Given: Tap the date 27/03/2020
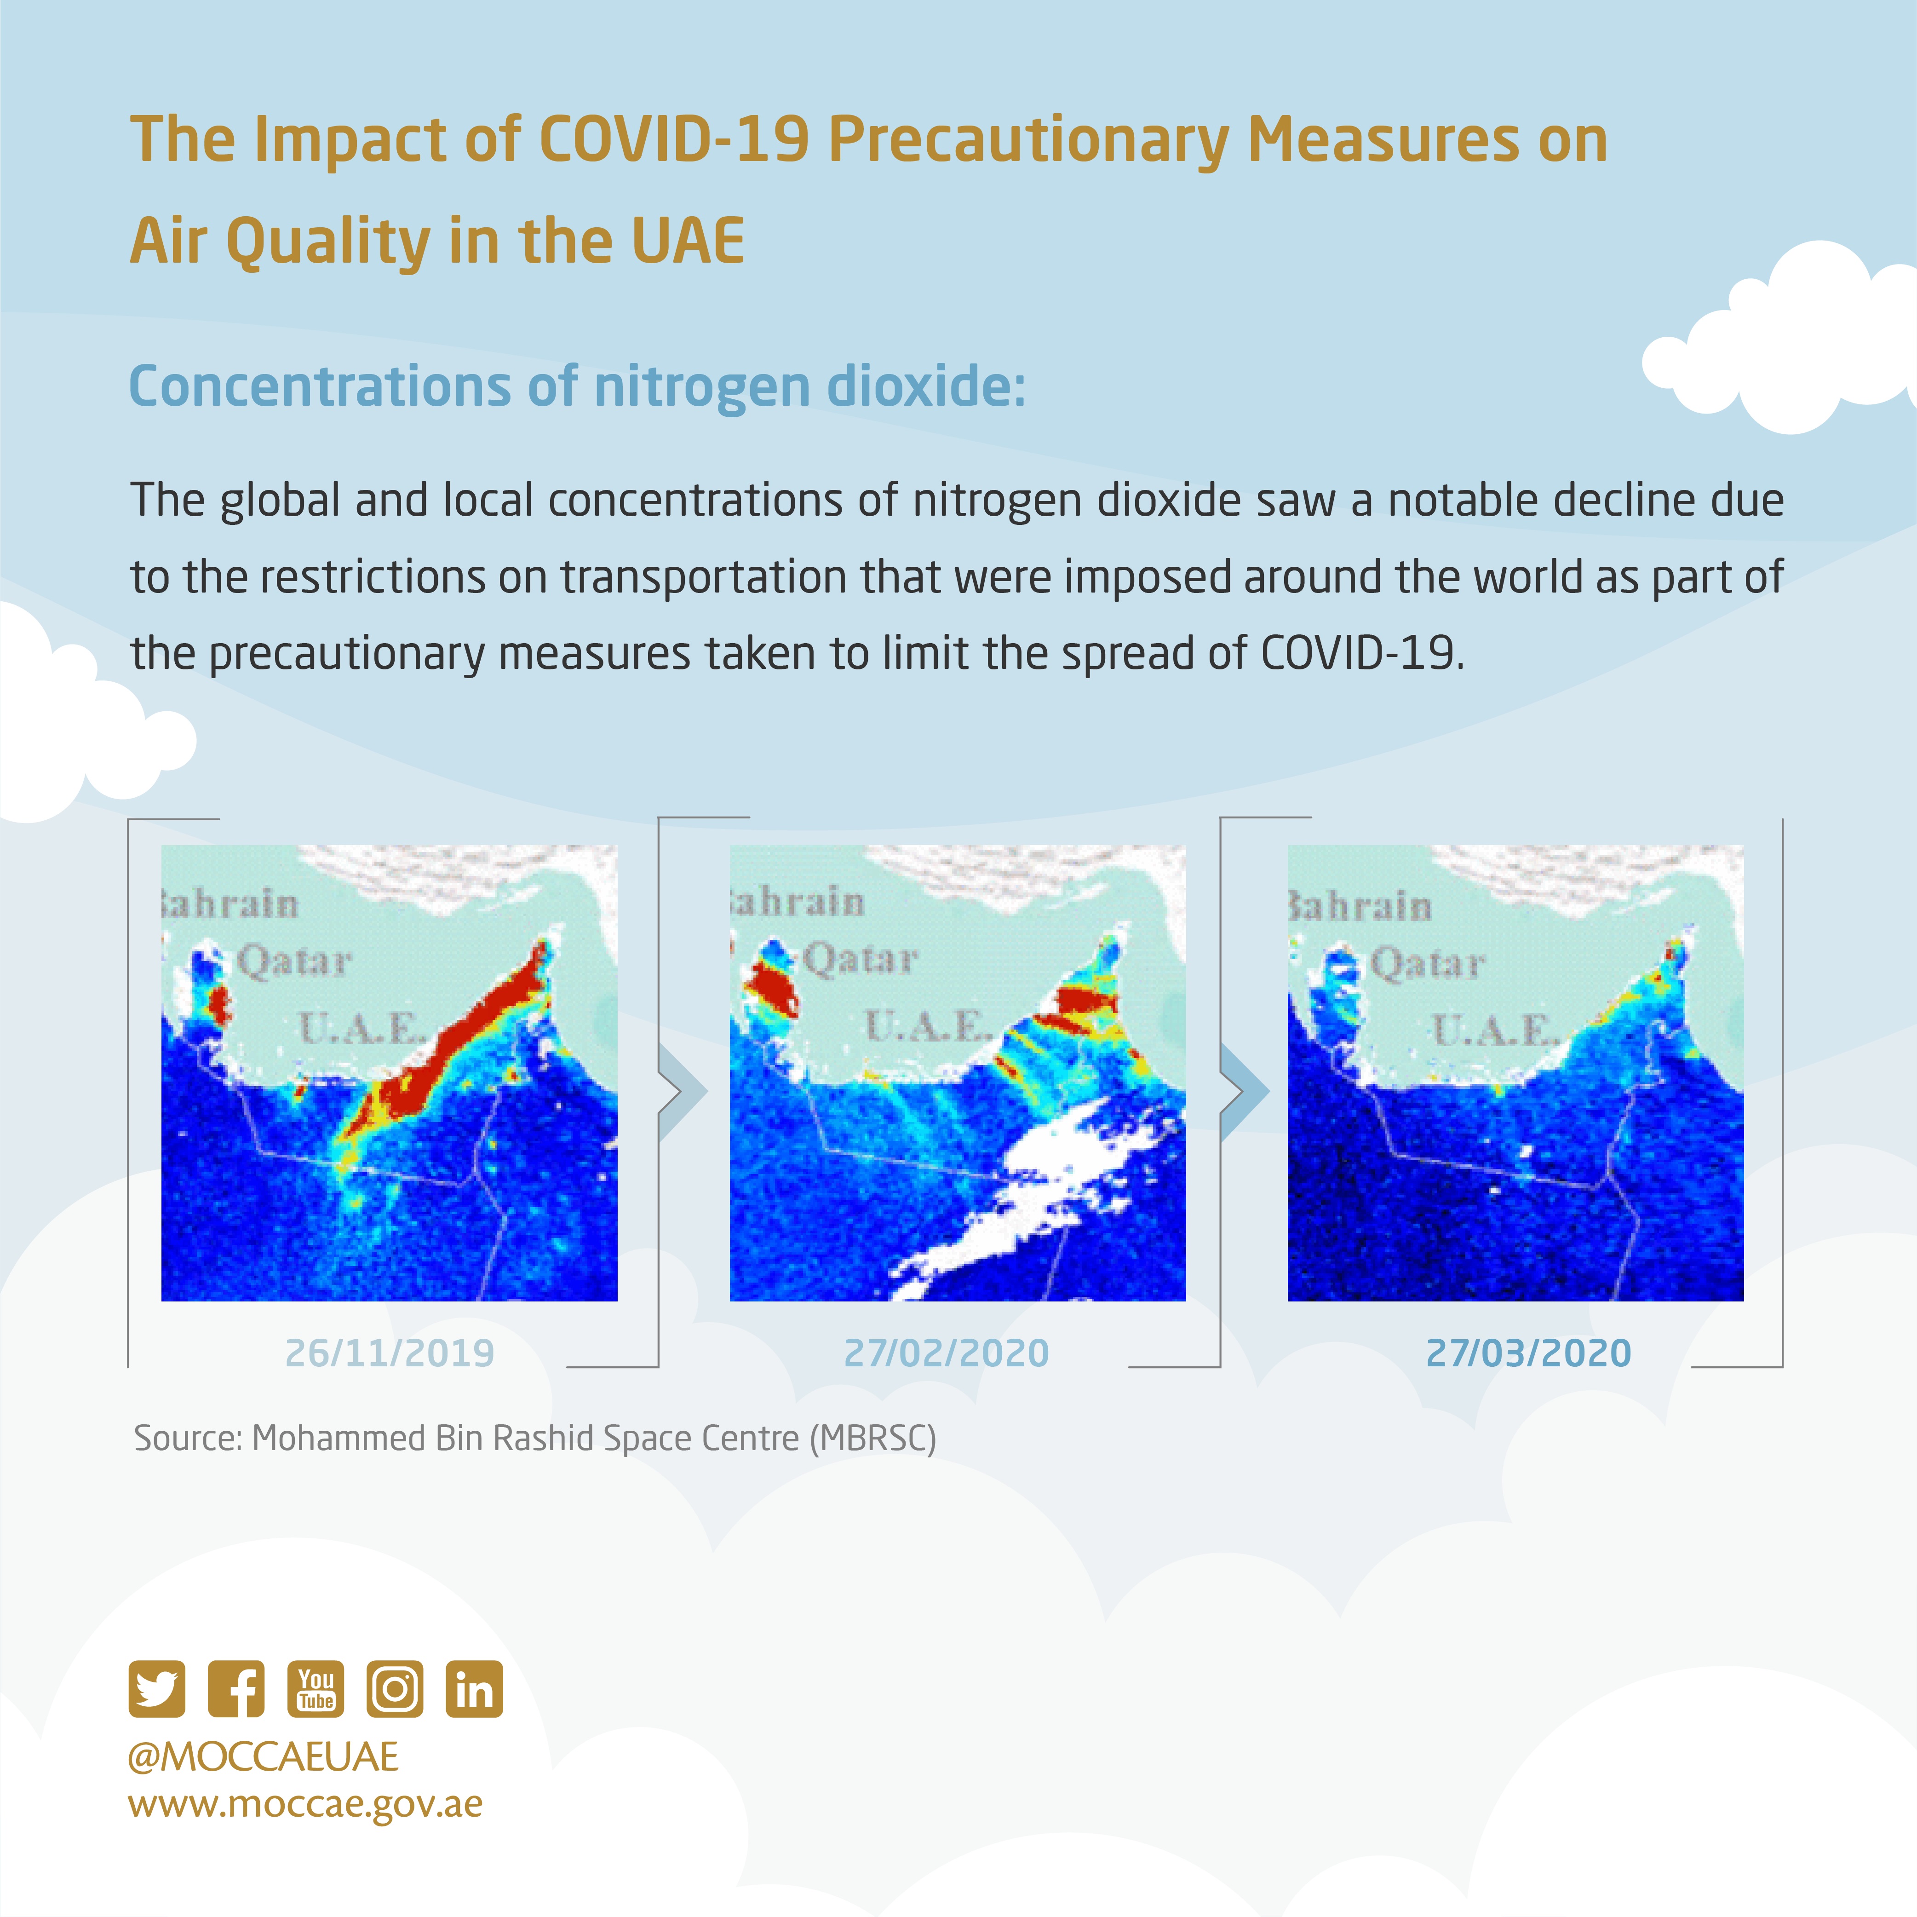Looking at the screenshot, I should [x=1528, y=1353].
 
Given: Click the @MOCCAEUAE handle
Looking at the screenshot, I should [x=263, y=1757].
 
